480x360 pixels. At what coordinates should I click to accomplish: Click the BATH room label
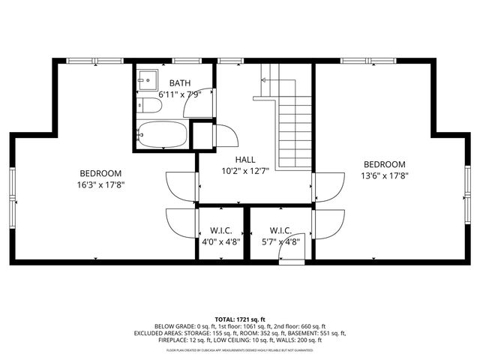point(180,82)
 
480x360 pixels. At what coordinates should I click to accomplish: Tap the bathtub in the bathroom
point(161,134)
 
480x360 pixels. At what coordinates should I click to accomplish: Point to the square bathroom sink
point(146,77)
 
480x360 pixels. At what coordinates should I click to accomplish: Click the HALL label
point(245,160)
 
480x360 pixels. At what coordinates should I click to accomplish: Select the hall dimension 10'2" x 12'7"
point(245,172)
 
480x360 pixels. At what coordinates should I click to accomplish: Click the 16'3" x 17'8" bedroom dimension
point(100,184)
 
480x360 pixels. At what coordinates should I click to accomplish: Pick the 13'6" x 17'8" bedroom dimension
point(384,177)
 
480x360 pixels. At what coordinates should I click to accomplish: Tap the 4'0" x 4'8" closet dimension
point(220,242)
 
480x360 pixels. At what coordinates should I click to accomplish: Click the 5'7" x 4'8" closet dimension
point(280,242)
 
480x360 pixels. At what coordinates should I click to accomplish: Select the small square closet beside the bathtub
point(202,135)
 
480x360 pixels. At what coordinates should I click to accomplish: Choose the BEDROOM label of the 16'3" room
point(100,172)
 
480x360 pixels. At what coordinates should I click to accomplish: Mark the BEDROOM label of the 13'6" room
point(384,165)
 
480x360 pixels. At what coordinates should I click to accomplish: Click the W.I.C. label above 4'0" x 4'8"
point(220,230)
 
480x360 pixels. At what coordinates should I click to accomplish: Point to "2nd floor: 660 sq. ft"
point(289,327)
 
